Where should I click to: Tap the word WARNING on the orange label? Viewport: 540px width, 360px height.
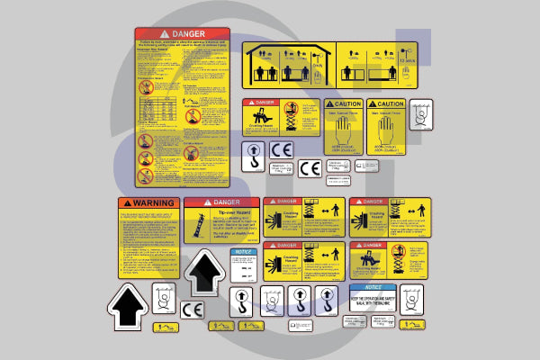pyautogui.click(x=153, y=202)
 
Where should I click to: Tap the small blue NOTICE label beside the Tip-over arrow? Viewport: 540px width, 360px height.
pyautogui.click(x=243, y=266)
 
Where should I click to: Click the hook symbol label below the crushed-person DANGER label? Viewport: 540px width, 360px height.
pyautogui.click(x=254, y=153)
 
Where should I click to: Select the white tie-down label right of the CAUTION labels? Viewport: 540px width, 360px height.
pyautogui.click(x=420, y=114)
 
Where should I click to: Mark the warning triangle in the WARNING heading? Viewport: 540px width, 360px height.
pyautogui.click(x=126, y=202)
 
